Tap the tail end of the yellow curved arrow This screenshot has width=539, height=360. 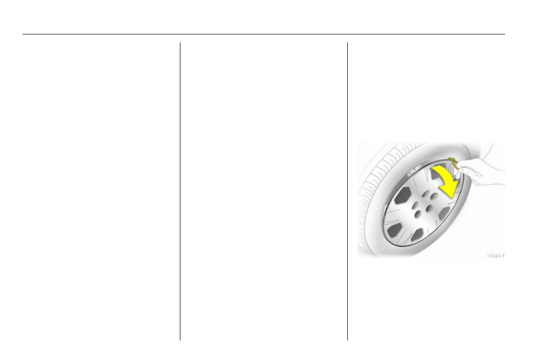coord(434,168)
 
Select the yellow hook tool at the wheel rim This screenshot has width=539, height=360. coord(454,162)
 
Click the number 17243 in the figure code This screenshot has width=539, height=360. coord(493,256)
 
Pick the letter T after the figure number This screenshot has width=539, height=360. coord(503,256)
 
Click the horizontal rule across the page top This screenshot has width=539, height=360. coord(264,34)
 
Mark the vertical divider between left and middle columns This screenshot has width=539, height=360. coord(180,192)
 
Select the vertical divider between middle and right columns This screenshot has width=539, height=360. coord(347,192)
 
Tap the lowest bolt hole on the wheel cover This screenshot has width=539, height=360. coord(418,215)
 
